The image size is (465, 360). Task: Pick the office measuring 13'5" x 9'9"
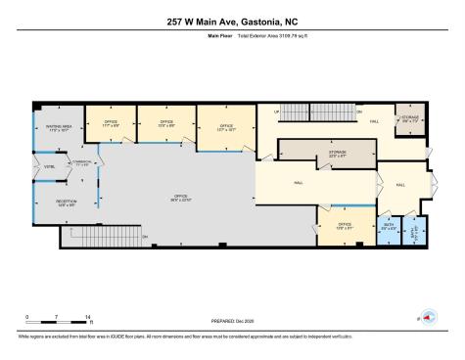[x=164, y=124]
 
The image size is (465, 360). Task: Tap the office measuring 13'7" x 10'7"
[x=225, y=127]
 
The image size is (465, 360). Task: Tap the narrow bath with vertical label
[x=416, y=231]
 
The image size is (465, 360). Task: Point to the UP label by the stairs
[x=277, y=112]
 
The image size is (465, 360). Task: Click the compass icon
[x=427, y=318]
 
